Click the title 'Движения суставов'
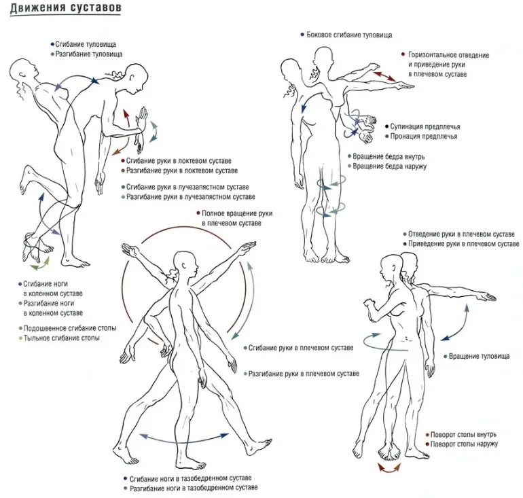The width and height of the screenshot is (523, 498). pos(66,7)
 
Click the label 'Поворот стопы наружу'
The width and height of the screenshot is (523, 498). pos(465,444)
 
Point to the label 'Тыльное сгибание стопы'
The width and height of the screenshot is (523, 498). pos(62,338)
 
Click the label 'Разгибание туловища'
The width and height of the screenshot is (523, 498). pos(88,53)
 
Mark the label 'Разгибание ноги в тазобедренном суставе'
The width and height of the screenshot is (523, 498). pos(194,488)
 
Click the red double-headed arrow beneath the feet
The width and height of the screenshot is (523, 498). pos(389,468)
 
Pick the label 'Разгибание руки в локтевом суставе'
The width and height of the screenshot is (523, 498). pos(182,170)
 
